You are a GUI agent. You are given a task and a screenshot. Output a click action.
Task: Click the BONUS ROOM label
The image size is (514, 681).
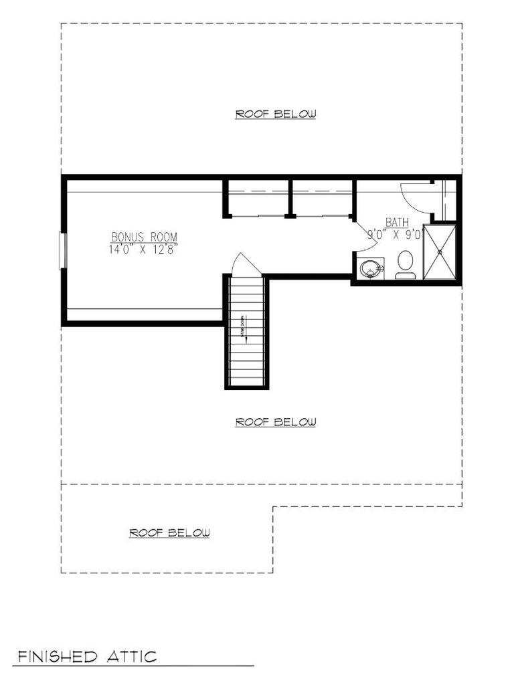coord(144,237)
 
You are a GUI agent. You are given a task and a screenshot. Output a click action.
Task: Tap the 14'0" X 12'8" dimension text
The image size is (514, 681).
coord(144,249)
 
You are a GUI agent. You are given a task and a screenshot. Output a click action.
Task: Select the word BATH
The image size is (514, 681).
coord(398,223)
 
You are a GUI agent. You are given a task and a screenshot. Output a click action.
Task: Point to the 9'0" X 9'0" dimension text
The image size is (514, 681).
coord(395,235)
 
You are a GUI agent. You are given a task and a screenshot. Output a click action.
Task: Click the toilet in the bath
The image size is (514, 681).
coord(406,264)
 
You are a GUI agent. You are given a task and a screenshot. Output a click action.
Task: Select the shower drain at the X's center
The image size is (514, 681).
coord(441,252)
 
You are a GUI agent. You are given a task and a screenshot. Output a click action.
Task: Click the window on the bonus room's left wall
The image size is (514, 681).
coord(63,250)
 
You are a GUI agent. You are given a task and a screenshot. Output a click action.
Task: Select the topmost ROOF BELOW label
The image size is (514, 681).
coord(275,114)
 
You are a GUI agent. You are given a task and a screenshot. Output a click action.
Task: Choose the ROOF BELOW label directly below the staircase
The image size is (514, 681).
coord(275,422)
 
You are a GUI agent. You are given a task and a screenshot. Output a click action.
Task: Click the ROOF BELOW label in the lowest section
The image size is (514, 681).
coord(169,532)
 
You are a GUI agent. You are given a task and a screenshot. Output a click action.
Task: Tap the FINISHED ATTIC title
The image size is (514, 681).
coord(87,656)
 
